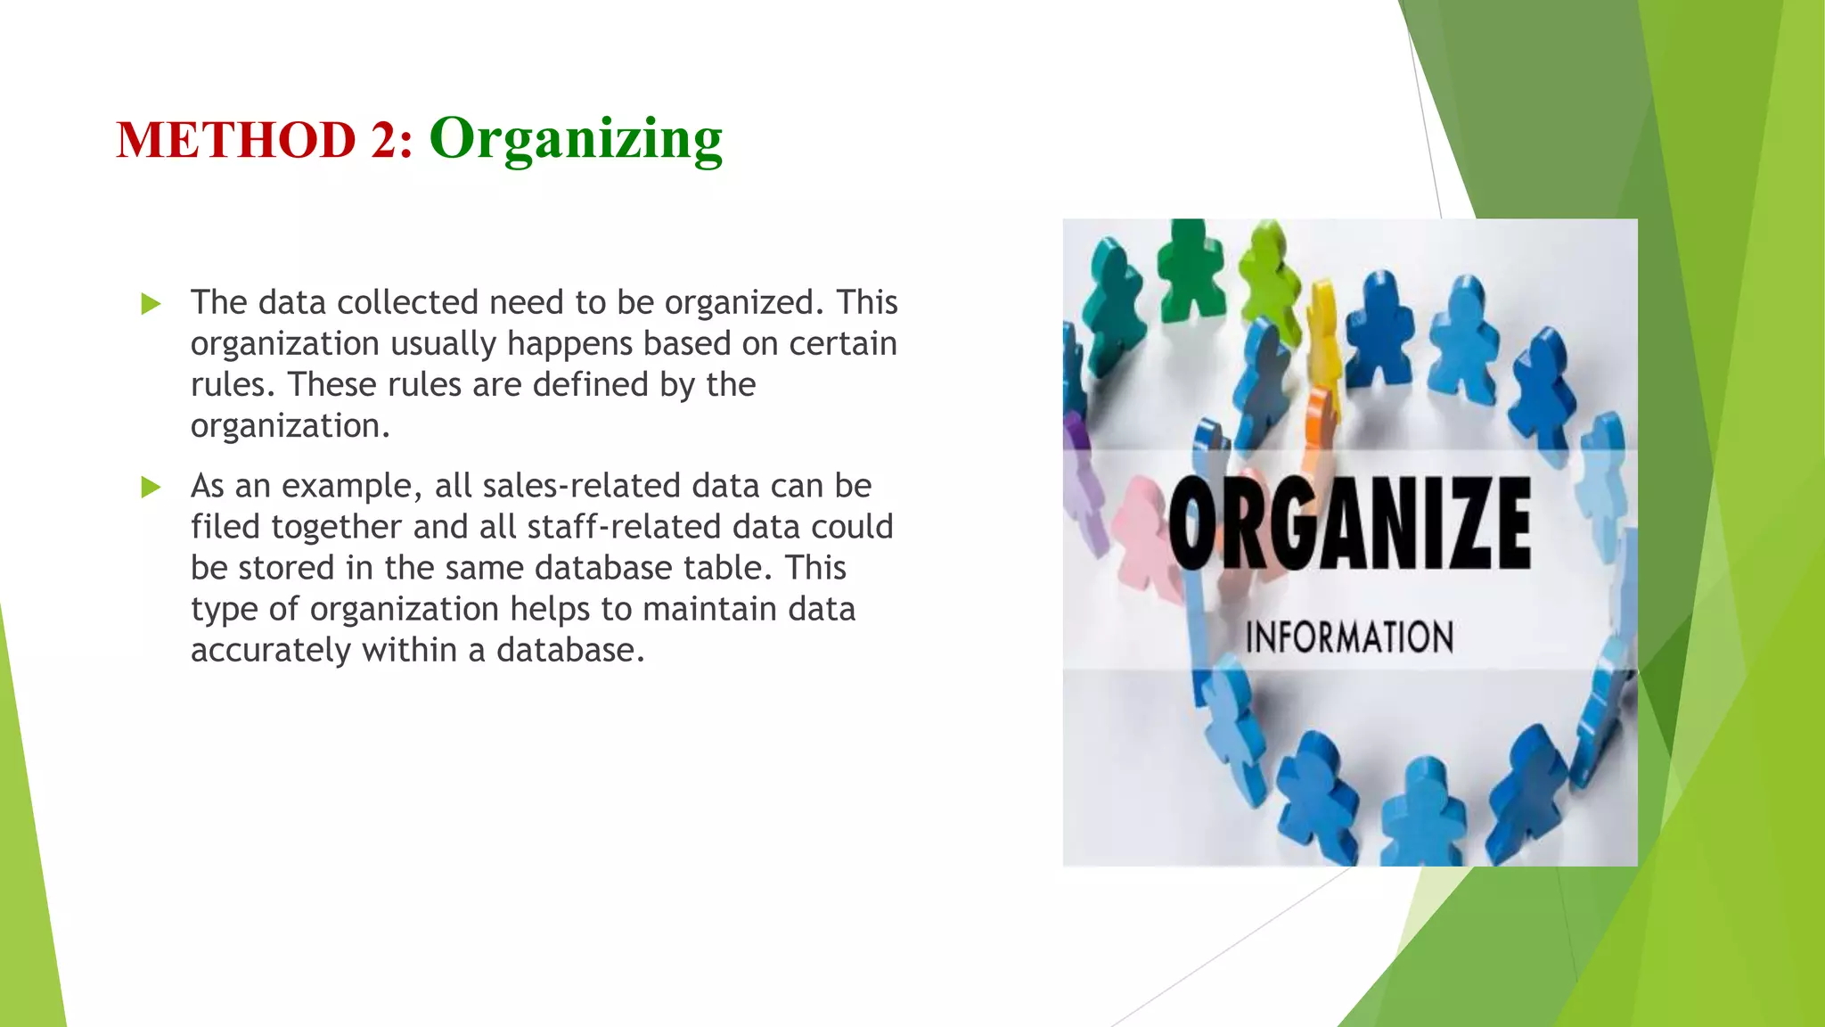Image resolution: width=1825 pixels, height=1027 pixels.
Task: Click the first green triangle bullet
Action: pos(151,304)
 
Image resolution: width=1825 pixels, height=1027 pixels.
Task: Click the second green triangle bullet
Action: pos(151,487)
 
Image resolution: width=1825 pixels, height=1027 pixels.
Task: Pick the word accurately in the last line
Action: pos(271,650)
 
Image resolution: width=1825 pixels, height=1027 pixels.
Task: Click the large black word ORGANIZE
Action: pos(1349,523)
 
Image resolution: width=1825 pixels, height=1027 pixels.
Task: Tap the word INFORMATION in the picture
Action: pos(1349,637)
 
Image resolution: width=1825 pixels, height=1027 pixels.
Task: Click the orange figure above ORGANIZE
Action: pos(1317,428)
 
